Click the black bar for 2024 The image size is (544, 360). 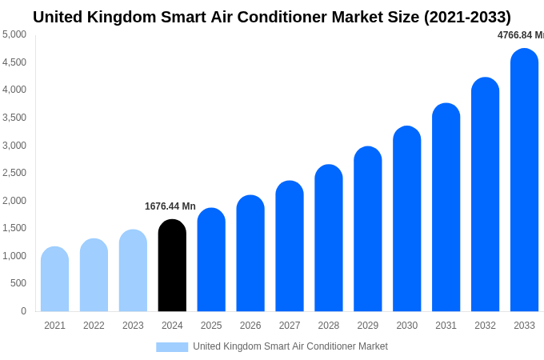click(172, 266)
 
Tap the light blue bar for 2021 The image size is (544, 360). click(54, 279)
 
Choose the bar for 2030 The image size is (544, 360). click(406, 219)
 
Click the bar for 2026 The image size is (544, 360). click(250, 254)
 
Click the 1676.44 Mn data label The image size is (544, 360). click(170, 206)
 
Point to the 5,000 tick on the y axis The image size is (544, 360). click(14, 34)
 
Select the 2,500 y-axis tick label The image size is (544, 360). click(14, 173)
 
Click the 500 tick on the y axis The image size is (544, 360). click(18, 283)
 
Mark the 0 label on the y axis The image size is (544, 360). click(23, 311)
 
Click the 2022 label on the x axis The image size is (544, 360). click(94, 326)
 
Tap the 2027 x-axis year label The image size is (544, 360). click(290, 326)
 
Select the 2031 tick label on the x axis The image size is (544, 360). click(446, 326)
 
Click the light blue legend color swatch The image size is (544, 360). click(172, 346)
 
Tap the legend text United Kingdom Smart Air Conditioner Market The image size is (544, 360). click(290, 346)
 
